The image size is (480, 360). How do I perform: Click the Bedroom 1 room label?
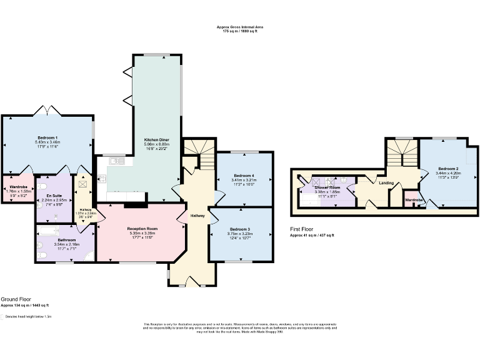click(47, 137)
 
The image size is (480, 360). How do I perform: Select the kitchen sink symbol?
click(117, 161)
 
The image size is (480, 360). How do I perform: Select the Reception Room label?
click(141, 229)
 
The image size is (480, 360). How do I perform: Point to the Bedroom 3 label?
click(241, 229)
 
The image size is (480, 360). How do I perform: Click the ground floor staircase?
click(199, 154)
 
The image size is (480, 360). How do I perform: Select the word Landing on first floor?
click(386, 182)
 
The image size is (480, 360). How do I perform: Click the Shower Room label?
click(327, 187)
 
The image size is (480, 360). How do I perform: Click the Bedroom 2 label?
click(448, 169)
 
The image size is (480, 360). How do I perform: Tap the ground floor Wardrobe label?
click(17, 186)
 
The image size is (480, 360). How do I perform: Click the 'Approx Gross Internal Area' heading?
click(240, 27)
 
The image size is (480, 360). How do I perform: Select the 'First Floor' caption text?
click(303, 229)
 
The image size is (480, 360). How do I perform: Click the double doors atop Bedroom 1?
click(47, 111)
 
